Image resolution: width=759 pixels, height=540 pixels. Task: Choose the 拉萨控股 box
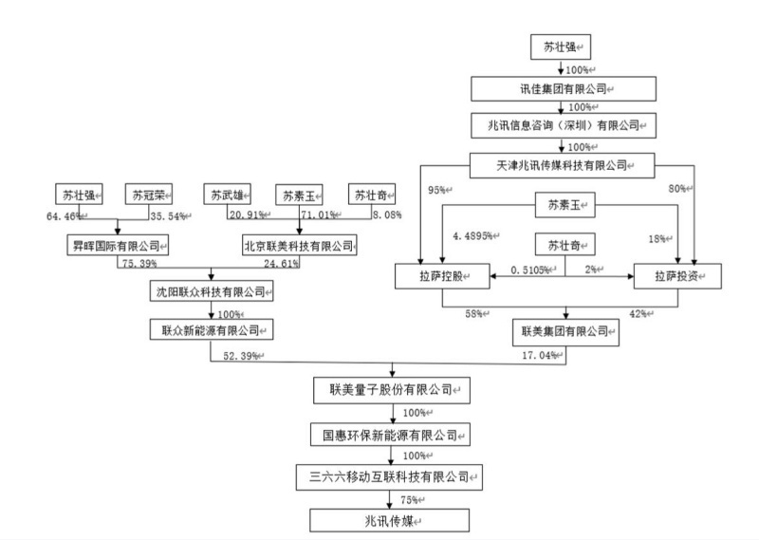[441, 276]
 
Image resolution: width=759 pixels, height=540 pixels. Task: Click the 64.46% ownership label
[64, 217]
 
